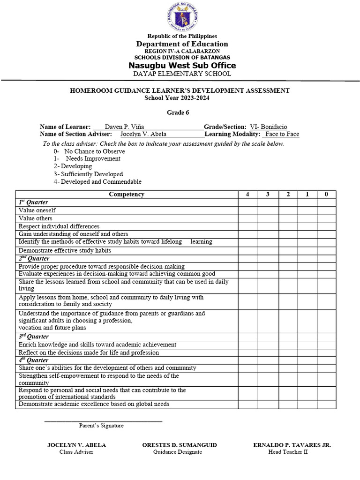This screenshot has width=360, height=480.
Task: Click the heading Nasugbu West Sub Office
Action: point(182,65)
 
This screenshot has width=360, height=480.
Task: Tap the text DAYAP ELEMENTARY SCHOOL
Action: point(182,74)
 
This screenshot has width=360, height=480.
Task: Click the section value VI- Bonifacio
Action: point(269,127)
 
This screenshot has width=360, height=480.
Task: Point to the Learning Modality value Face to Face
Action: point(281,134)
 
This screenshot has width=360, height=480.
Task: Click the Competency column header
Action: point(127,194)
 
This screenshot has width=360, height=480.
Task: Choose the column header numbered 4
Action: point(247,194)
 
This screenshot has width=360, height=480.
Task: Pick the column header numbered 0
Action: point(326,194)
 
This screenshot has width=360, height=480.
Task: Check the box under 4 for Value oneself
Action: point(247,210)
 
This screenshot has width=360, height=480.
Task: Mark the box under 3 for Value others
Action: point(268,218)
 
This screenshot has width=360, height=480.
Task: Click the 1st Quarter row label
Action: point(33,202)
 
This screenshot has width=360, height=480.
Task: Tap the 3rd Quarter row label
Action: point(33,337)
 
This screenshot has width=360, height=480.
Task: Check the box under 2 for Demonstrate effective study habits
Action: point(288,250)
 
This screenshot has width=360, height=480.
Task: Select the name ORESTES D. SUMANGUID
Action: point(180,445)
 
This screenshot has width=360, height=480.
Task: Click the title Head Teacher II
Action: point(288,452)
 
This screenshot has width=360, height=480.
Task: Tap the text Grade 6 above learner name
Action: point(178,112)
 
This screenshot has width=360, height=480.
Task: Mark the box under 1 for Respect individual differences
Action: point(307,226)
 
